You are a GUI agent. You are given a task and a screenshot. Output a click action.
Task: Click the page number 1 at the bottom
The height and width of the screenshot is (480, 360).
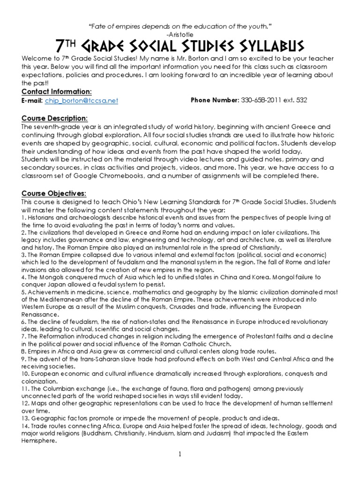[180, 454]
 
